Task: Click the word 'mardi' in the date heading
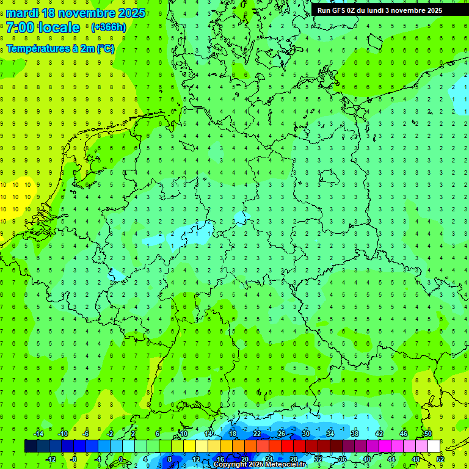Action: [x=21, y=13]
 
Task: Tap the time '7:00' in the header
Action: [x=20, y=27]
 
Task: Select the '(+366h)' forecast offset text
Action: [x=108, y=27]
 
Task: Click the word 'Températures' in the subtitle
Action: [x=35, y=49]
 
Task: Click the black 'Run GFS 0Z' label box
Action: [x=388, y=10]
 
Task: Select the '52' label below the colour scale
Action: [x=440, y=459]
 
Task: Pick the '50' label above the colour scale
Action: [x=428, y=434]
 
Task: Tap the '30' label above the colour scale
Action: [x=306, y=434]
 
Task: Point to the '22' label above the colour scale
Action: [x=257, y=434]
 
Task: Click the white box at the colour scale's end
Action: [x=434, y=446]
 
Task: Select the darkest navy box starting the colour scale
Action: [x=31, y=446]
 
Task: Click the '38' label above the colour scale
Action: [x=355, y=434]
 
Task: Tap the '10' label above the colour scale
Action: [x=184, y=434]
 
